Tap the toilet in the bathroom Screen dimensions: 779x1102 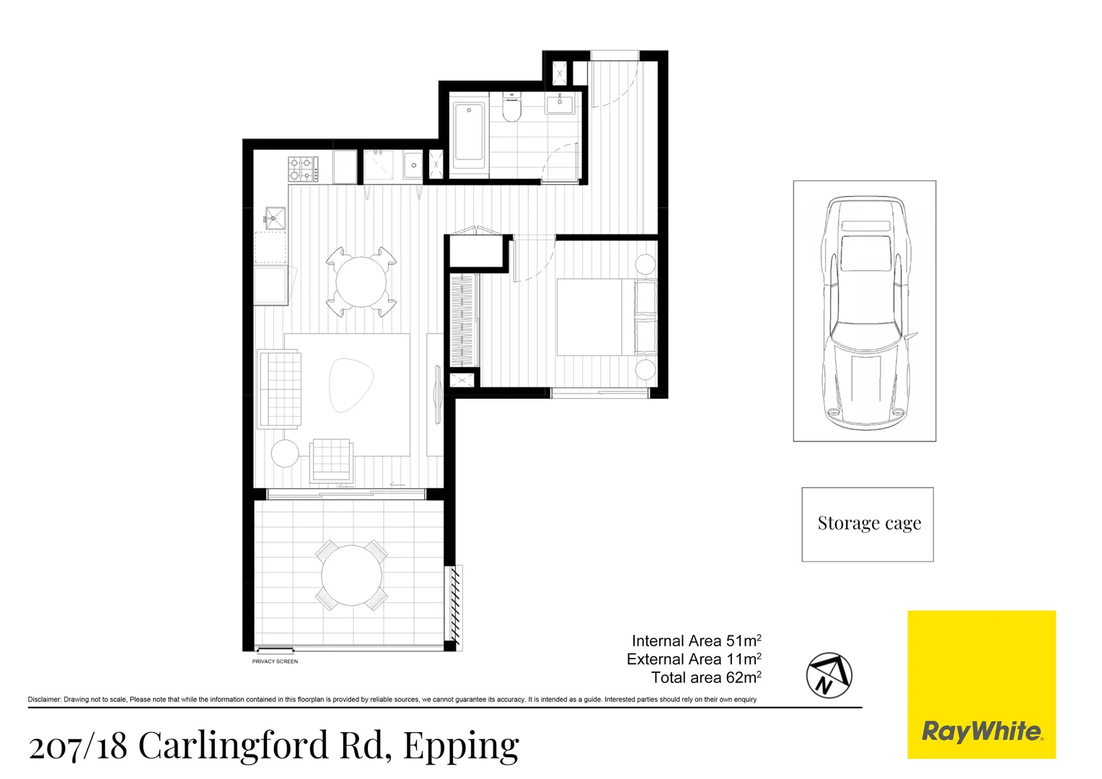click(x=511, y=110)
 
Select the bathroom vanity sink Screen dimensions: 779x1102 click(x=560, y=105)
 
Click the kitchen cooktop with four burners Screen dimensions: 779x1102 click(x=303, y=170)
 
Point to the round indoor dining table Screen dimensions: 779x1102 click(x=361, y=282)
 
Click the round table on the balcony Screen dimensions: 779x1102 click(x=351, y=575)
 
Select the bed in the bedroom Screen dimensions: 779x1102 click(x=606, y=317)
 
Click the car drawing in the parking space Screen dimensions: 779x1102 click(x=865, y=312)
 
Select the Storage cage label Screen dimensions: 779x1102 click(x=869, y=523)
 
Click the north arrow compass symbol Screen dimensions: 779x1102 click(x=829, y=675)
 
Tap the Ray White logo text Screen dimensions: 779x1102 click(x=982, y=731)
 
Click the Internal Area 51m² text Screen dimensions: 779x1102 click(x=696, y=641)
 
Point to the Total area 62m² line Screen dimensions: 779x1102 click(x=706, y=677)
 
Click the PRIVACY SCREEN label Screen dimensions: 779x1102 click(x=275, y=661)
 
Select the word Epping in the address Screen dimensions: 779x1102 click(x=461, y=746)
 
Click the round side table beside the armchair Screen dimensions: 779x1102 click(x=285, y=454)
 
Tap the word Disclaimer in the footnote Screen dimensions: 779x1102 click(x=44, y=700)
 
